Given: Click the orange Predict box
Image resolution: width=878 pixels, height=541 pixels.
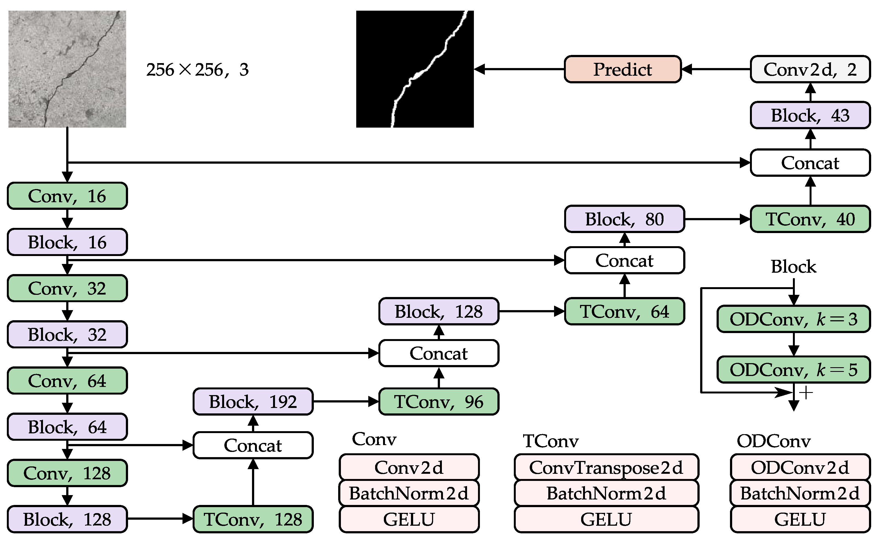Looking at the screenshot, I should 622,69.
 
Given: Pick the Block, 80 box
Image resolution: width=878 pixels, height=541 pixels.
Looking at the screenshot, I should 624,219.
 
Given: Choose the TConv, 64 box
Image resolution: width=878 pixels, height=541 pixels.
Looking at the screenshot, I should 624,311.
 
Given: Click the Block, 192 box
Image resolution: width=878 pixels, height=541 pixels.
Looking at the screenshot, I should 253,401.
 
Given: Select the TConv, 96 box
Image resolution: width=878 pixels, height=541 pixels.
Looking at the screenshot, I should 439,401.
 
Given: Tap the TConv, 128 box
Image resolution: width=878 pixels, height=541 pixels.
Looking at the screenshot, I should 253,519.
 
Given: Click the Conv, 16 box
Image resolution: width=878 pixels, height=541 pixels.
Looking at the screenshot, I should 67,196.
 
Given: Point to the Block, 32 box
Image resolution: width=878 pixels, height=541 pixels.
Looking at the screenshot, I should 67,334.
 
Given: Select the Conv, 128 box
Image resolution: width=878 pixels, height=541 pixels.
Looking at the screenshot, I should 67,473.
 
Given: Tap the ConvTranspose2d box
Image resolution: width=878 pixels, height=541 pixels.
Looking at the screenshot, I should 606,467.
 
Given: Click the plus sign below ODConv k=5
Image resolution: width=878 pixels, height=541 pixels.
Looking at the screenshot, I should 806,393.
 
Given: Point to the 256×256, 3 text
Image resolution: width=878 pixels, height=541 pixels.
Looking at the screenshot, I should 197,69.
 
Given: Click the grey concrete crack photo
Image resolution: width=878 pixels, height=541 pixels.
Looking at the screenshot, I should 67,69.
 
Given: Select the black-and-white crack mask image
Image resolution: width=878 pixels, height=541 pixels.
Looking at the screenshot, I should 415,69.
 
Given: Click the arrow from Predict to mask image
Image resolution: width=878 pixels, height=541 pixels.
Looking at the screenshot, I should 519,69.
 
